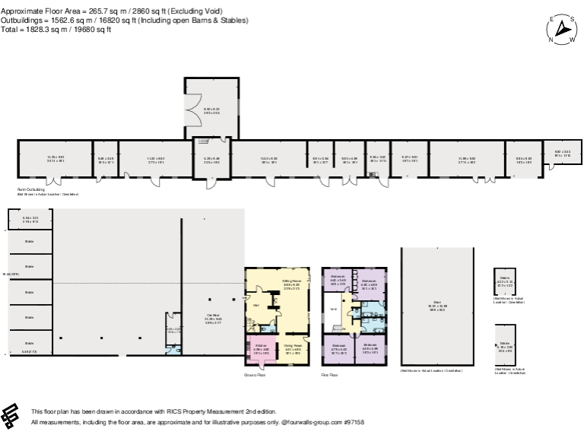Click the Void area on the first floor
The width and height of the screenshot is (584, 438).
click(x=332, y=309)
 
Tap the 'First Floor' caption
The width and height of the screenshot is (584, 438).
click(x=330, y=375)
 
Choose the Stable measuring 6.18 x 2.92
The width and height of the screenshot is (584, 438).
click(x=505, y=347)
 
